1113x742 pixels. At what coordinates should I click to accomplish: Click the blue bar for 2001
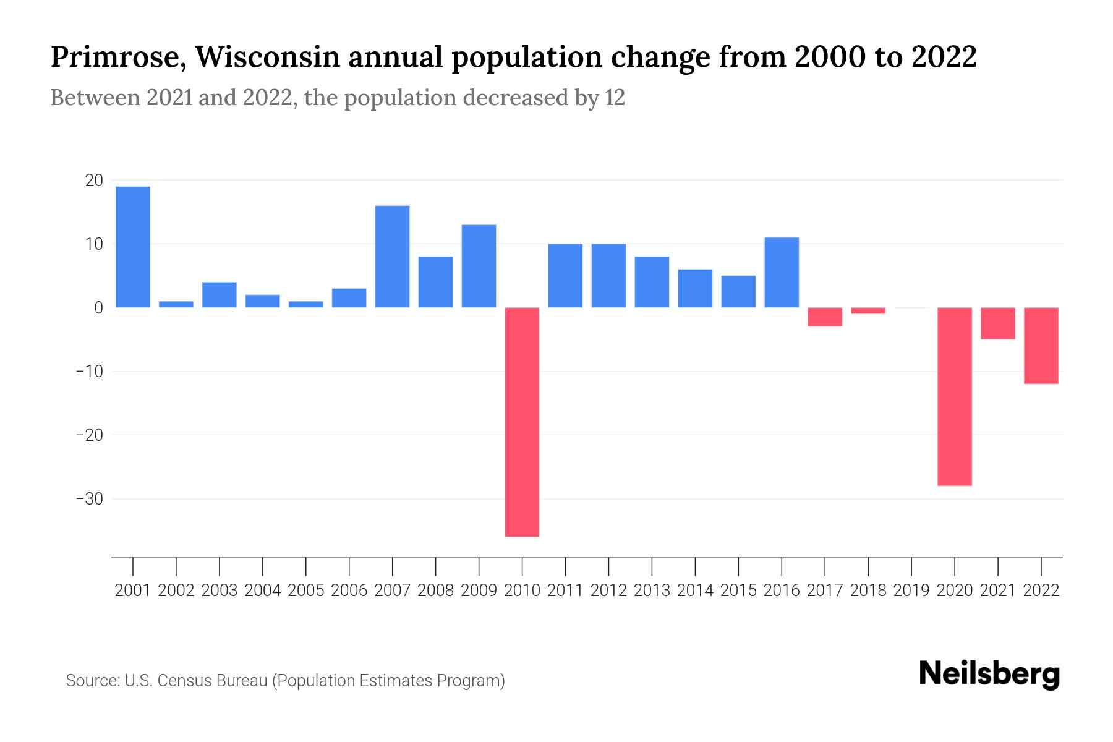tap(133, 247)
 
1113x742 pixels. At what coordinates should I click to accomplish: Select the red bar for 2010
tap(522, 422)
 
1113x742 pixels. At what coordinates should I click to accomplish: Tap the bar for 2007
tap(392, 256)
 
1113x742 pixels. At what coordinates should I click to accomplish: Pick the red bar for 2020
tap(954, 396)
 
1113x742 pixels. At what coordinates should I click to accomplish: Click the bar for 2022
tap(1041, 346)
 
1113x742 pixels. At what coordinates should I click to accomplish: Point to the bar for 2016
tap(782, 272)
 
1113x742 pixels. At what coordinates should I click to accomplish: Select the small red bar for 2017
tap(825, 317)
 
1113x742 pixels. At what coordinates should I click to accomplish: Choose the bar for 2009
tap(479, 266)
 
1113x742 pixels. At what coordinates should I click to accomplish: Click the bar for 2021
tap(997, 323)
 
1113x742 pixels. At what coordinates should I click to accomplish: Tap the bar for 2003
tap(220, 294)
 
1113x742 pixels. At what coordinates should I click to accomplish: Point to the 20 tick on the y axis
tap(94, 181)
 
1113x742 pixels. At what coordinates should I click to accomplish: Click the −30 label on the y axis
tap(89, 499)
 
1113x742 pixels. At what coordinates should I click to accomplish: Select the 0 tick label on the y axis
tap(98, 308)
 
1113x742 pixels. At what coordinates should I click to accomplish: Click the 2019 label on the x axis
tap(911, 591)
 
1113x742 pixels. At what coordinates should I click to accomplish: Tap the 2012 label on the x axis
tap(608, 591)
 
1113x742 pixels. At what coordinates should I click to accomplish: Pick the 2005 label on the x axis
tap(306, 591)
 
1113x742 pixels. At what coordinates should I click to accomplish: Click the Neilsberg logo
tap(989, 675)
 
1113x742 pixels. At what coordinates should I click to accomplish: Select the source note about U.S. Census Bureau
tap(285, 681)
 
